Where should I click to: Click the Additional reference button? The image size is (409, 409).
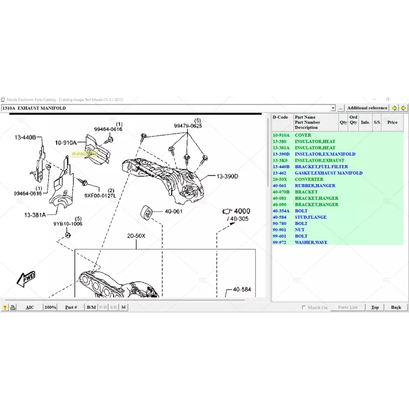coord(367,108)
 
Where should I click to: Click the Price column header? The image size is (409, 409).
coord(392,123)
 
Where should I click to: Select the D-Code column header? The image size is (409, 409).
coord(280,118)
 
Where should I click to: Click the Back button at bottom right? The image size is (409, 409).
coord(396,307)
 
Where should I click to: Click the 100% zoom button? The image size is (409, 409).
coord(50,307)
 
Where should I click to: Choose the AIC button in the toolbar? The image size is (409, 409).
coord(30,307)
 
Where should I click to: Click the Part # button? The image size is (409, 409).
coord(71,307)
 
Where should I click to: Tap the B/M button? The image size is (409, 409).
coord(91,307)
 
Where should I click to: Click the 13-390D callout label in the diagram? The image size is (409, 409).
coord(227,176)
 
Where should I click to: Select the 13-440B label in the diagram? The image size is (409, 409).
coord(24,138)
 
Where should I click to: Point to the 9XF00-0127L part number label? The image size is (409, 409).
coord(100,195)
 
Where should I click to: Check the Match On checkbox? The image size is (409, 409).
coord(304,307)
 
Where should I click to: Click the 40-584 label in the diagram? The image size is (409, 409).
coord(242,289)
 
